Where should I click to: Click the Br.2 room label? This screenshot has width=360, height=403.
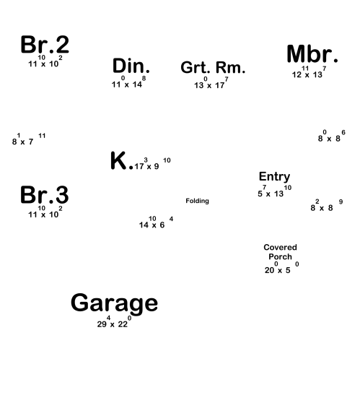(x=45, y=45)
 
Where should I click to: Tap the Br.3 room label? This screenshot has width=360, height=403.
(x=45, y=195)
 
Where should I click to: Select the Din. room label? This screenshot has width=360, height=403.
(x=131, y=66)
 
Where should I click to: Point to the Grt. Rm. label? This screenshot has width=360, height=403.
(x=213, y=67)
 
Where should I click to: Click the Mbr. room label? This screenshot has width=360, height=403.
(x=312, y=54)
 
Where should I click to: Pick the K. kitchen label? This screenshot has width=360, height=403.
(x=122, y=160)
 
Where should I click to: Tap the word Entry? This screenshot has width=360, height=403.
(x=274, y=177)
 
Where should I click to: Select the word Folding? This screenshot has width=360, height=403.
(x=197, y=201)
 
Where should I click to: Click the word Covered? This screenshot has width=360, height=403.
(x=280, y=247)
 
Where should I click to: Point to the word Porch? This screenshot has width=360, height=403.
(x=280, y=256)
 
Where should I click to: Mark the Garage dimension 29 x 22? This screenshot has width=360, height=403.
(x=114, y=322)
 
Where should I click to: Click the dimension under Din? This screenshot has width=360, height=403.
(x=128, y=82)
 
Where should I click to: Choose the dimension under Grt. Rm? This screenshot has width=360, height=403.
(x=211, y=82)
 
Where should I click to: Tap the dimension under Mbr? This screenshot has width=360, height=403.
(x=309, y=72)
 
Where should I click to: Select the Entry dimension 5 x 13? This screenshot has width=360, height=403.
(x=274, y=191)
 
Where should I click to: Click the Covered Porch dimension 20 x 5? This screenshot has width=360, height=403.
(x=281, y=267)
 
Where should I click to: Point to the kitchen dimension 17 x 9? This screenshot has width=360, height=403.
(x=152, y=164)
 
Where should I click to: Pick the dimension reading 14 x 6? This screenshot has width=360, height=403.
(x=156, y=222)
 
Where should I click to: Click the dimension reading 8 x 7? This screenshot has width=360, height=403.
(x=29, y=139)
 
